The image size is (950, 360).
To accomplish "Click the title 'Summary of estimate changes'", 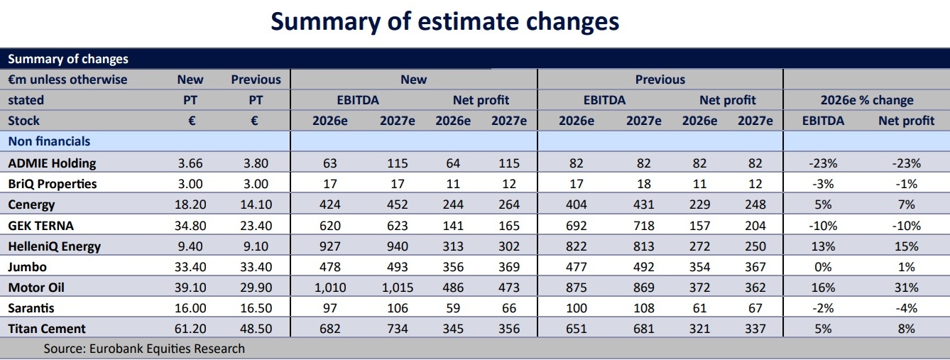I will click(x=445, y=21).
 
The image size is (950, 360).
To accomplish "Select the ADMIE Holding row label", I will click(x=52, y=163).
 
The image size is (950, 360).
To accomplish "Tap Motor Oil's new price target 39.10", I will click(x=190, y=288).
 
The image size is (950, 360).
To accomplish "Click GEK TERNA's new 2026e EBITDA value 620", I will click(x=330, y=226).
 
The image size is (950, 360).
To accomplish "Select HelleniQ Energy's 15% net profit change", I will click(x=906, y=246).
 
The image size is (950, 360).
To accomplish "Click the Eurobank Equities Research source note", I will click(x=144, y=349).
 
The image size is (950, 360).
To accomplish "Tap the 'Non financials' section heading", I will click(x=49, y=141).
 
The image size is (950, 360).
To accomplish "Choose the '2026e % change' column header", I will click(x=867, y=100).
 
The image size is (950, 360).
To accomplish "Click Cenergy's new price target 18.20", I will click(x=190, y=205).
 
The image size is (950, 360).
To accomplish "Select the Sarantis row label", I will click(x=31, y=308).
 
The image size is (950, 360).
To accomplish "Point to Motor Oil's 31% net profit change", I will click(x=906, y=288).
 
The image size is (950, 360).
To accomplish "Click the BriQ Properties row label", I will click(x=52, y=184).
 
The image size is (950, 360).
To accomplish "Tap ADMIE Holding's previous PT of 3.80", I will click(x=256, y=163).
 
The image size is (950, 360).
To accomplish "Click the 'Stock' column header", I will click(x=23, y=121).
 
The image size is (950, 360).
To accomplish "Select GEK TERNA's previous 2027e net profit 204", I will click(x=755, y=226).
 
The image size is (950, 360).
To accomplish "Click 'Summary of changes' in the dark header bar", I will click(x=67, y=59).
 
